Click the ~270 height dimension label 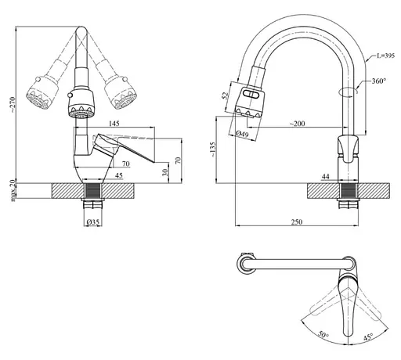point(13,105)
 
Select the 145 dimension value point(114,123)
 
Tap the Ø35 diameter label point(92,221)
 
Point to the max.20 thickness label point(13,190)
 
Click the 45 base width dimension point(119,175)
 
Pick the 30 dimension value point(165,172)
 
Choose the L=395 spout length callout point(385,56)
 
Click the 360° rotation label point(379,81)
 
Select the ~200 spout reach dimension point(297,123)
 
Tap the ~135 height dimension point(213,149)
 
